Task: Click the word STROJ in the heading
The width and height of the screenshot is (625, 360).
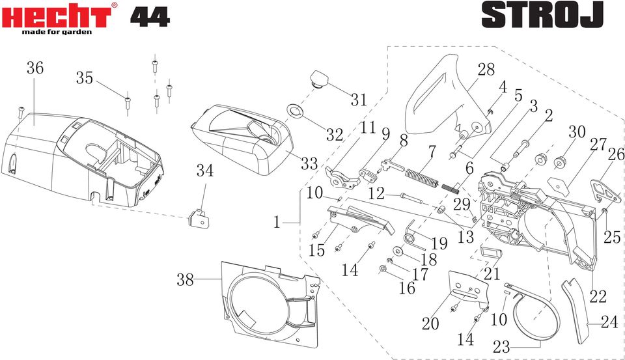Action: click(x=542, y=15)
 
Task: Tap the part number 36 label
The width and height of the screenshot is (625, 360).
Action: click(x=35, y=68)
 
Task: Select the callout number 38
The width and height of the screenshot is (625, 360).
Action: click(x=186, y=280)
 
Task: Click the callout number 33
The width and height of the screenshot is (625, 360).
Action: click(x=309, y=163)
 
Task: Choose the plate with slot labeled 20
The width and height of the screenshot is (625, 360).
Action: click(x=468, y=290)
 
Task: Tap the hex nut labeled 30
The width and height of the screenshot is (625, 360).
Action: click(x=561, y=162)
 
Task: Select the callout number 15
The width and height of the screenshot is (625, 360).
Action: click(x=317, y=251)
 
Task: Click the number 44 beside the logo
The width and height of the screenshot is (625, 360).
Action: click(x=150, y=17)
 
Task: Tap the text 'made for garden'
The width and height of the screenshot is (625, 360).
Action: click(x=57, y=32)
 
